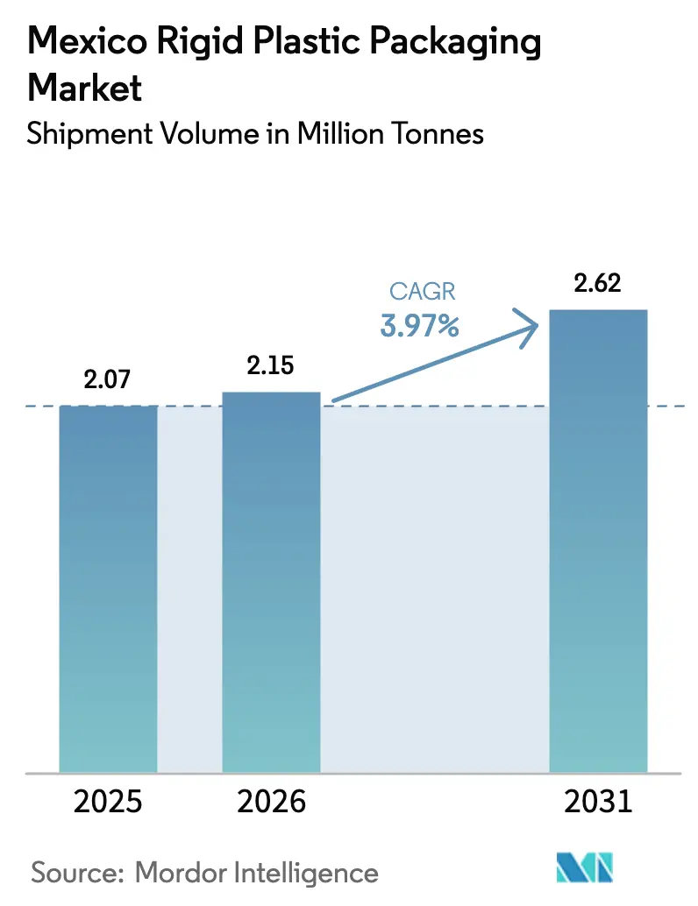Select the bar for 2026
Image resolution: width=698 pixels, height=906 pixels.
tap(271, 582)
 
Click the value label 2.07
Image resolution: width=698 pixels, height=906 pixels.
tap(108, 380)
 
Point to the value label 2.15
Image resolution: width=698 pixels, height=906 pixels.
tap(271, 366)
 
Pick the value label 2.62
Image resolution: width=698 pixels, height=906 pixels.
tap(597, 284)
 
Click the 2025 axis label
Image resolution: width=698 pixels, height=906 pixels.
tap(108, 801)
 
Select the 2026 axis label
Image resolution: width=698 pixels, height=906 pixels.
tap(271, 801)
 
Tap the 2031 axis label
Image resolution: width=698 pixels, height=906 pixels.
tap(597, 801)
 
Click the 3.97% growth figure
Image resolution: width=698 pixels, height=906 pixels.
tap(419, 327)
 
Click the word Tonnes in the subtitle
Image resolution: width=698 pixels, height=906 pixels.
tap(436, 134)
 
